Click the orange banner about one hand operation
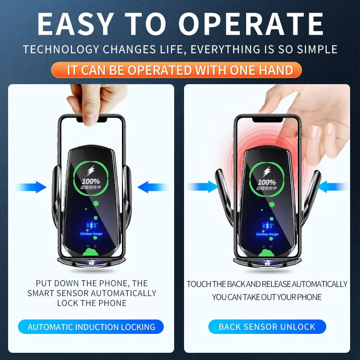pyautogui.click(x=180, y=70)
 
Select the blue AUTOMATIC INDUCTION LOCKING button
pyautogui.click(x=91, y=327)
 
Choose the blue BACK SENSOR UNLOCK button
pyautogui.click(x=267, y=327)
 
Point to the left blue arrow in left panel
pyautogui.click(x=31, y=187)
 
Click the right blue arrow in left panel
pyautogui.click(x=152, y=187)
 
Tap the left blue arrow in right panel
pyautogui.click(x=202, y=187)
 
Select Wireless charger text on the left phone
pyautogui.click(x=91, y=234)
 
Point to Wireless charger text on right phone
pyautogui.click(x=267, y=234)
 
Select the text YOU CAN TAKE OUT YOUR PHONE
pyautogui.click(x=267, y=297)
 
